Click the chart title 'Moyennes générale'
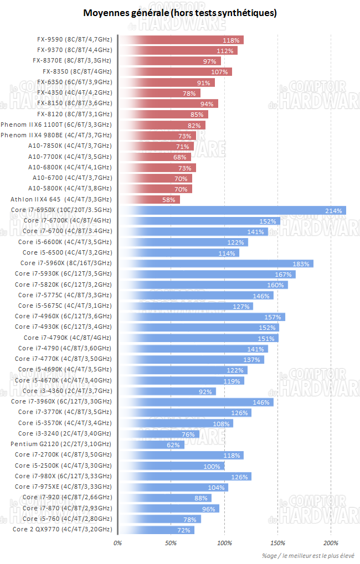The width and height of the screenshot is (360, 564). click(x=180, y=13)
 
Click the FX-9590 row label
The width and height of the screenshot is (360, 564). click(x=74, y=40)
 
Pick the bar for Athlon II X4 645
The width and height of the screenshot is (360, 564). click(x=149, y=200)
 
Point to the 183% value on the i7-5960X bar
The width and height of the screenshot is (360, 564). click(x=302, y=263)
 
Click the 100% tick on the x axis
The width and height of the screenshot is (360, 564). click(x=225, y=542)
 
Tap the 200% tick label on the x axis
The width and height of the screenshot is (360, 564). click(x=331, y=542)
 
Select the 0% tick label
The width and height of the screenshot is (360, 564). click(x=117, y=542)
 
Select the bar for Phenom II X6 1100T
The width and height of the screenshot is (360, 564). click(x=162, y=125)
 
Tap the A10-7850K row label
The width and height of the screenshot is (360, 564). click(x=70, y=146)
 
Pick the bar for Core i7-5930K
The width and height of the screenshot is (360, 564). click(x=207, y=274)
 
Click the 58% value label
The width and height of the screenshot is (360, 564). click(x=169, y=200)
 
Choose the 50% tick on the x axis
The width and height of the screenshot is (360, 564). click(x=171, y=542)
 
